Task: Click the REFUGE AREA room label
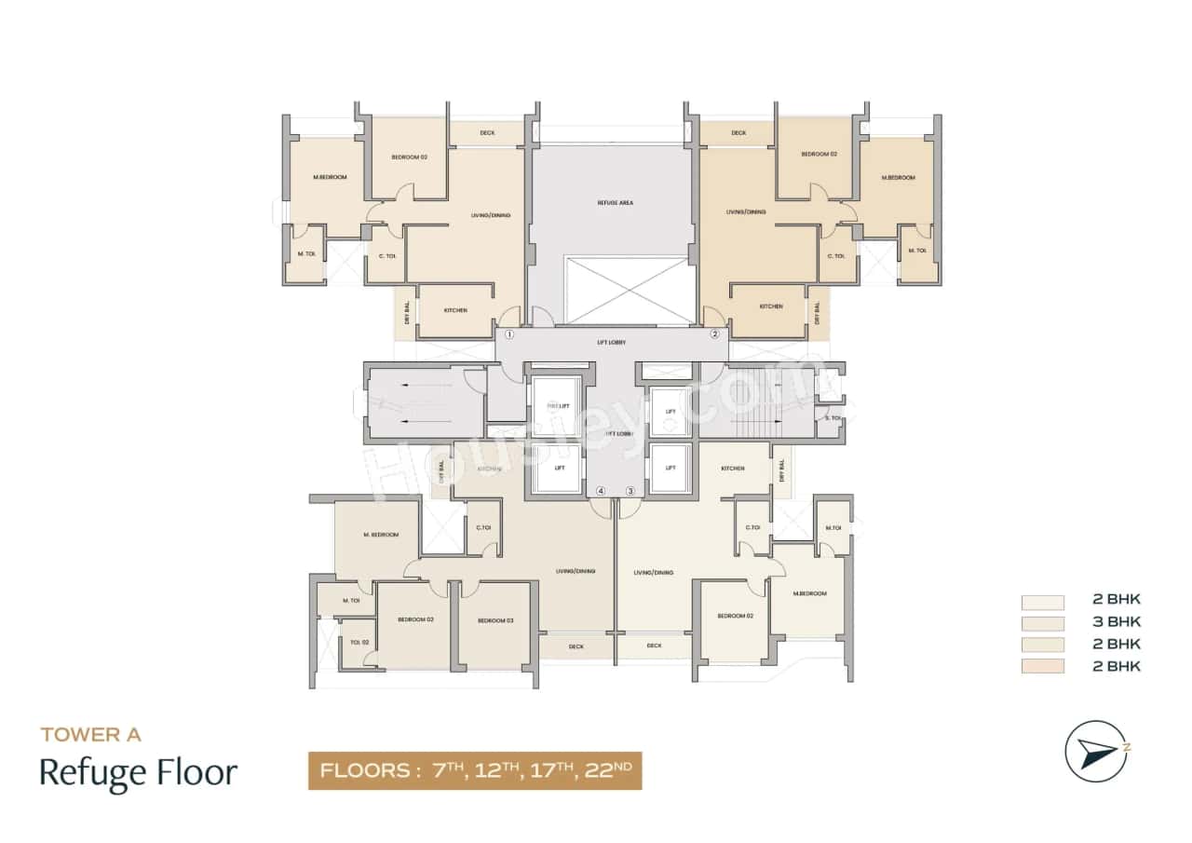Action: (x=615, y=202)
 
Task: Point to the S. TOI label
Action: (x=832, y=418)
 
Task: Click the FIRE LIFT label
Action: (x=557, y=406)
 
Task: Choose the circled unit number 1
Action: (x=509, y=334)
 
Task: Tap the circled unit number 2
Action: (x=715, y=334)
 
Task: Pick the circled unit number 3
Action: (x=630, y=491)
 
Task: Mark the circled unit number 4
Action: (x=602, y=491)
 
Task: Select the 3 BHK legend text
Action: (x=1117, y=622)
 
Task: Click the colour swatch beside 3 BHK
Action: (x=1042, y=622)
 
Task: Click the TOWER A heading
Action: (x=90, y=735)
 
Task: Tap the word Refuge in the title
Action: (x=90, y=773)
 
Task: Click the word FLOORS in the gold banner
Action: (x=366, y=771)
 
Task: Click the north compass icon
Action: (x=1097, y=750)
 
